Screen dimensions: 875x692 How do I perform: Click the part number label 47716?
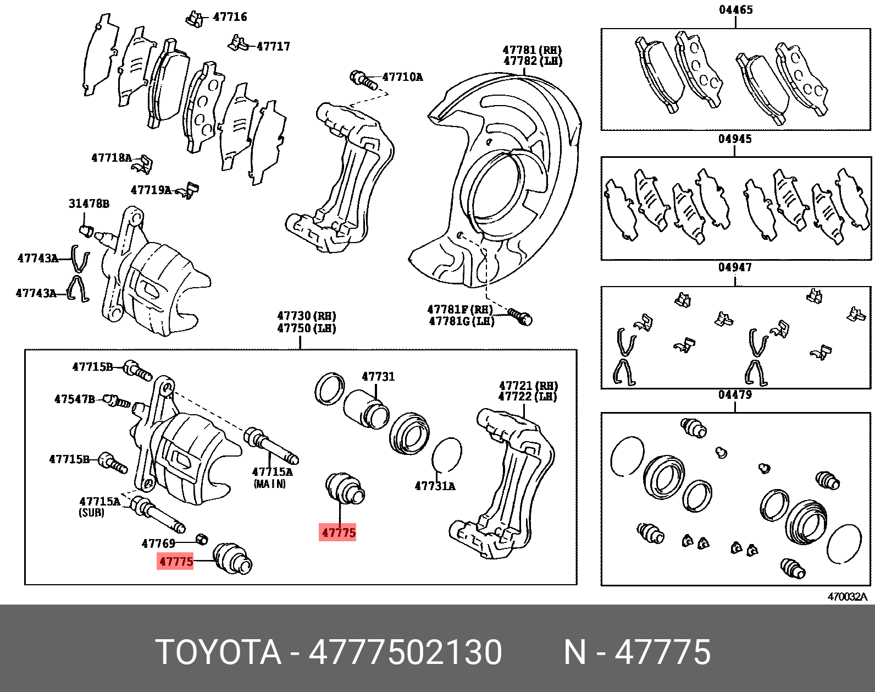(x=230, y=17)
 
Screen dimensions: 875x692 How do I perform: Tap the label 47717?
(x=273, y=46)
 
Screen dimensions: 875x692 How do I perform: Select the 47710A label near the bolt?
(x=402, y=77)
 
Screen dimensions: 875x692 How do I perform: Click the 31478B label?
(x=88, y=204)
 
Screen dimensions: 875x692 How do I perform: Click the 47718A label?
(x=112, y=158)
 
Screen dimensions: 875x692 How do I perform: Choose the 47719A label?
(x=151, y=190)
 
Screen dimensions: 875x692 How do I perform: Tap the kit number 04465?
(x=735, y=10)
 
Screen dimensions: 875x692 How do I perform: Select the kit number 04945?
(x=735, y=139)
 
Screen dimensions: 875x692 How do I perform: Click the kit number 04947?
(x=735, y=268)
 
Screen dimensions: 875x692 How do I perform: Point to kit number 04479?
(x=735, y=395)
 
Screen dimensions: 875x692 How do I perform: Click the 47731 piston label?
(x=378, y=377)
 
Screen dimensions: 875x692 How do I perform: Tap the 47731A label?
(x=435, y=486)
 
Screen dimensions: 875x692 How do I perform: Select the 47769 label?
(x=158, y=543)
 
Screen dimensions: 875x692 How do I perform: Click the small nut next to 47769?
(x=202, y=538)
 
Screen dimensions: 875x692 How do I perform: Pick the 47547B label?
(x=74, y=399)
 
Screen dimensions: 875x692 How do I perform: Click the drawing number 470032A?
(x=847, y=597)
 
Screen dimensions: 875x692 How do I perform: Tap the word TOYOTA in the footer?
(x=218, y=652)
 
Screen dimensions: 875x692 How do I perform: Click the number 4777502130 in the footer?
(x=405, y=652)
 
